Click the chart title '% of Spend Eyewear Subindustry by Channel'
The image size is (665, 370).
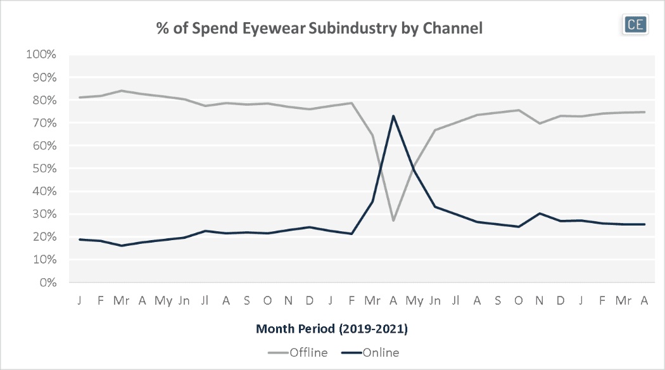click(x=320, y=28)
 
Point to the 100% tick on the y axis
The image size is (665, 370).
click(x=41, y=54)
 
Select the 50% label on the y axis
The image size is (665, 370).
click(x=44, y=169)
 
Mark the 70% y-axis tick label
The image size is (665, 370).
click(x=44, y=123)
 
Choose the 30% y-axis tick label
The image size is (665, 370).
click(x=44, y=214)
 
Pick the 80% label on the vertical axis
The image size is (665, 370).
click(x=44, y=100)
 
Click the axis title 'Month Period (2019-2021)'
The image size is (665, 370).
click(x=331, y=329)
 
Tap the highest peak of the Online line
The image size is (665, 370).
click(x=393, y=116)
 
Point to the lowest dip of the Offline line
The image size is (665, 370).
click(x=393, y=220)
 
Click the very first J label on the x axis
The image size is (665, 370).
click(x=79, y=299)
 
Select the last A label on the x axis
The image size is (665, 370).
click(x=644, y=299)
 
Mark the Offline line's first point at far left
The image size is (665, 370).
click(x=79, y=98)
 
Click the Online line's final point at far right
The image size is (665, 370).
click(x=644, y=224)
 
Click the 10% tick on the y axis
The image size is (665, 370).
click(x=44, y=260)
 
